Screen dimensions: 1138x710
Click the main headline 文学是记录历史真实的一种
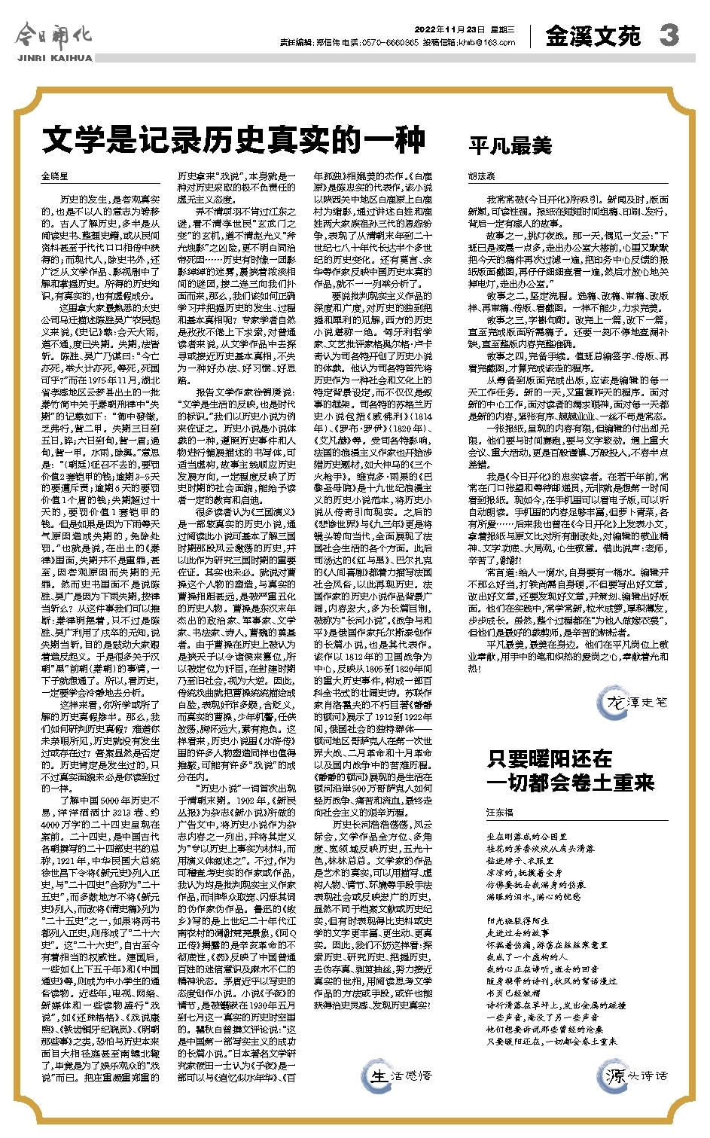tap(233, 141)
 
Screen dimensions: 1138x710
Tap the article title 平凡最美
tap(510, 145)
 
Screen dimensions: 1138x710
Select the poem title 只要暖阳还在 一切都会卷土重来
tap(571, 770)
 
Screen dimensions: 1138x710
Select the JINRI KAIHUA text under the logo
tap(53, 57)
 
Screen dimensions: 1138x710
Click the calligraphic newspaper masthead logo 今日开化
tap(53, 35)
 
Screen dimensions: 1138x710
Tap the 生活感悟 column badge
tap(400, 1075)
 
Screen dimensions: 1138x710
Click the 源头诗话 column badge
tap(637, 1075)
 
